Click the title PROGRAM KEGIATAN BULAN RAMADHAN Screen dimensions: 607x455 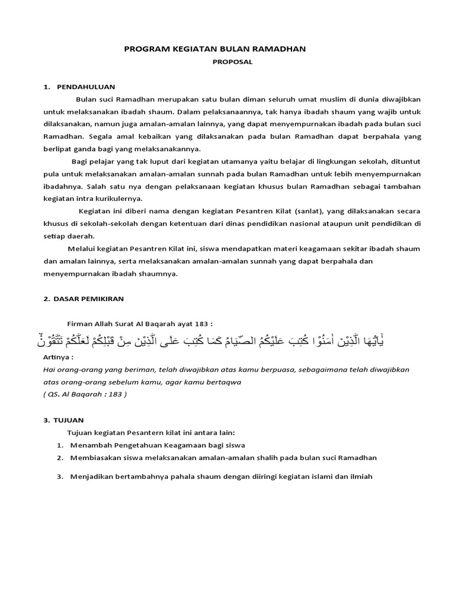click(x=215, y=49)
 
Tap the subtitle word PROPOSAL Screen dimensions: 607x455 click(x=227, y=61)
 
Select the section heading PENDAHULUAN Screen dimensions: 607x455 click(x=86, y=86)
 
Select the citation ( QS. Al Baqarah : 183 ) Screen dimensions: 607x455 click(x=85, y=394)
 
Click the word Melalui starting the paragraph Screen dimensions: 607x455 click(x=80, y=248)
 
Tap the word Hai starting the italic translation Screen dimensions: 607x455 click(x=49, y=369)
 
